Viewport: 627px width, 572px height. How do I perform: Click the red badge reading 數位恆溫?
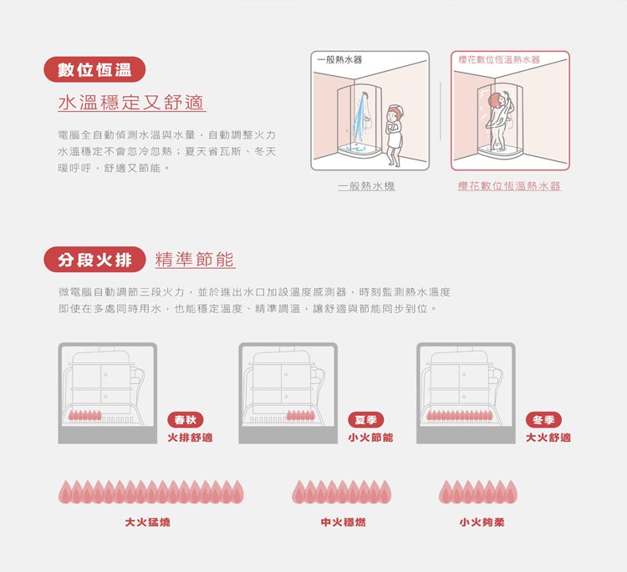[x=94, y=69]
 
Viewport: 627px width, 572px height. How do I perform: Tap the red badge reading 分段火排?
[x=94, y=260]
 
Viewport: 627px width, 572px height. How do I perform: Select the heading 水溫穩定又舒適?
[x=131, y=103]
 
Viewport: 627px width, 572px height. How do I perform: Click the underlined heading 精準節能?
[x=195, y=260]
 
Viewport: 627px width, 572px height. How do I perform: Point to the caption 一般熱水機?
[x=366, y=186]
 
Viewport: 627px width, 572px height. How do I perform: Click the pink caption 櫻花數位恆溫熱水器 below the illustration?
[x=509, y=186]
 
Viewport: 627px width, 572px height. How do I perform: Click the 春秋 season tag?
[x=185, y=420]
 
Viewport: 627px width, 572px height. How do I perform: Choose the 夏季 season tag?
[x=366, y=420]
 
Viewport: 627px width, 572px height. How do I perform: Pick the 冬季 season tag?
[x=544, y=420]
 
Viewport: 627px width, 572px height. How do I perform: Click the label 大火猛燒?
[x=147, y=522]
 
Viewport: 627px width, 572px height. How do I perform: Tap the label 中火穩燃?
[x=343, y=522]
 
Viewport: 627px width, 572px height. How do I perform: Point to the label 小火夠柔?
[x=482, y=522]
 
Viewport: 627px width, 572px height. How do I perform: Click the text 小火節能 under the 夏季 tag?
[x=370, y=438]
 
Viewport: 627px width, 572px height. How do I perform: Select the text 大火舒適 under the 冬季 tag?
[x=548, y=438]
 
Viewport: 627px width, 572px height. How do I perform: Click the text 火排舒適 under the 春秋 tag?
[x=190, y=438]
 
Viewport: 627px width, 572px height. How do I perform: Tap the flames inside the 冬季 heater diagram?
[x=459, y=415]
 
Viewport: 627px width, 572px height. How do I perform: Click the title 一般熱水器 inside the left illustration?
[x=339, y=60]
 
